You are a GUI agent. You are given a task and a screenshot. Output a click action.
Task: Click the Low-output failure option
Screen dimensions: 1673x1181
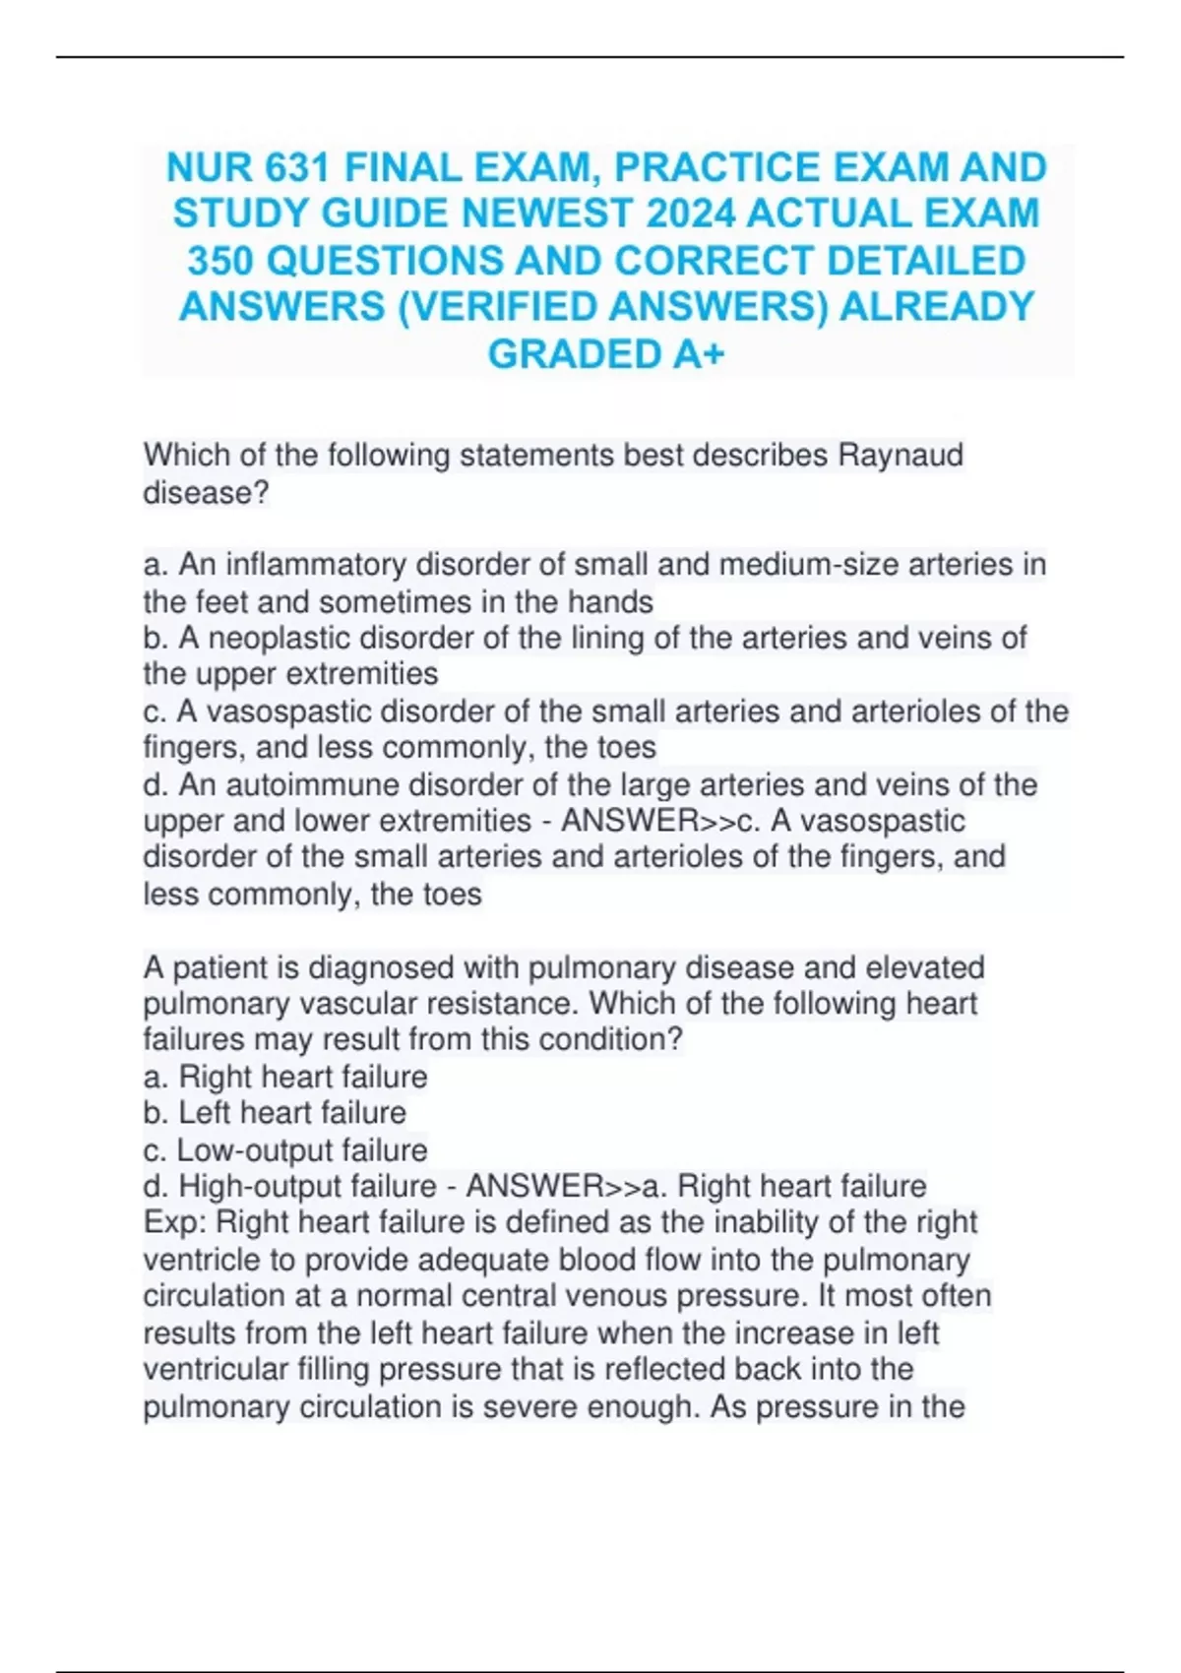(285, 1149)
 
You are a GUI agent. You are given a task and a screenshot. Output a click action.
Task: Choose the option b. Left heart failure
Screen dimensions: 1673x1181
(275, 1113)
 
